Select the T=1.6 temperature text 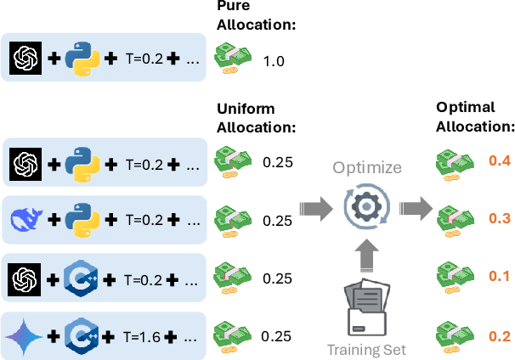[x=143, y=334]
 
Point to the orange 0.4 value [x=499, y=160]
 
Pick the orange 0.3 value [x=499, y=218]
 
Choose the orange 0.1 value [x=499, y=277]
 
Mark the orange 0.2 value [x=499, y=335]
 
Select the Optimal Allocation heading [x=475, y=119]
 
